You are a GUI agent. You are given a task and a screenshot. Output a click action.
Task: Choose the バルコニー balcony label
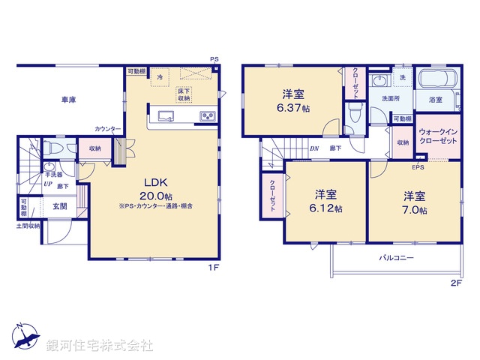tap(393, 256)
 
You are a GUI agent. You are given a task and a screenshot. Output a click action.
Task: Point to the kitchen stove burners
tap(206, 115)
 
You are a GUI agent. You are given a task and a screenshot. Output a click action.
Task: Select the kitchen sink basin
tap(166, 115)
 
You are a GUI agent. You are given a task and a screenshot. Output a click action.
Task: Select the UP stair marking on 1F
tap(47, 184)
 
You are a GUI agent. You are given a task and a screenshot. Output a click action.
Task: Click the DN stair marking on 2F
tap(313, 148)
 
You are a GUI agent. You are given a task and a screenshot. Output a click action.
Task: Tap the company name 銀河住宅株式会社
tap(100, 346)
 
